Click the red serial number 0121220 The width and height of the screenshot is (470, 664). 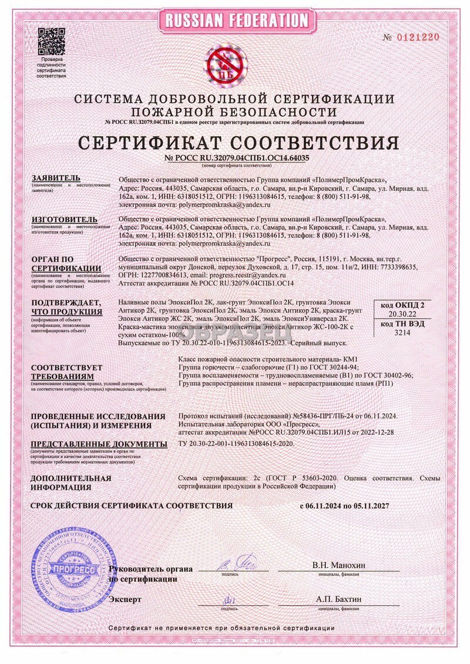(x=418, y=37)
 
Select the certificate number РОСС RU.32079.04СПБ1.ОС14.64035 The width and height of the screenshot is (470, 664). (x=234, y=158)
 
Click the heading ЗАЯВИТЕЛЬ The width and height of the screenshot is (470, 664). (x=55, y=178)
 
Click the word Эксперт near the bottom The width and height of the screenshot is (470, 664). (x=125, y=599)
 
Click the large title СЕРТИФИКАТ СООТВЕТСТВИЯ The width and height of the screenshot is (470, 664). (x=234, y=141)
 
